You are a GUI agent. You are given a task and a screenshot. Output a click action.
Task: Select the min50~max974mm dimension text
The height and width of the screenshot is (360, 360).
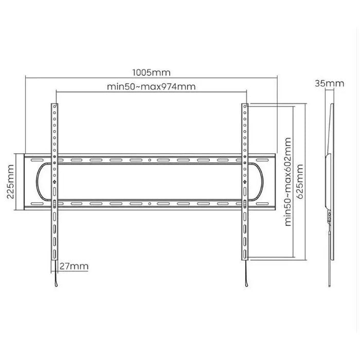coord(151,86)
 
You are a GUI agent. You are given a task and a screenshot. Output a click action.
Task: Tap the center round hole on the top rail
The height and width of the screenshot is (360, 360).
coord(150,160)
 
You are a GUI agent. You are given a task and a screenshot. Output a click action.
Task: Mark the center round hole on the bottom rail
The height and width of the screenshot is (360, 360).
coord(150,204)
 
